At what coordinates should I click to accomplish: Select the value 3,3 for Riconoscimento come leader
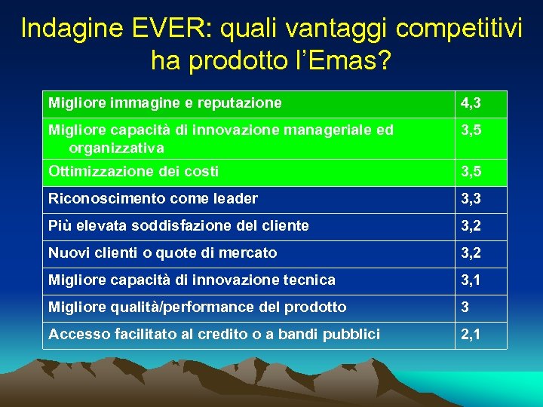tap(472, 199)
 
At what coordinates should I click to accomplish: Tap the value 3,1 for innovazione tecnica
tap(472, 280)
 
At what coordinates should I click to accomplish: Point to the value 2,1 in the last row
tap(472, 335)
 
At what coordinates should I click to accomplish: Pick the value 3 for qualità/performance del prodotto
tap(466, 308)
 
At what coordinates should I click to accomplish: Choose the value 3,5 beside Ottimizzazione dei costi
tap(472, 172)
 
